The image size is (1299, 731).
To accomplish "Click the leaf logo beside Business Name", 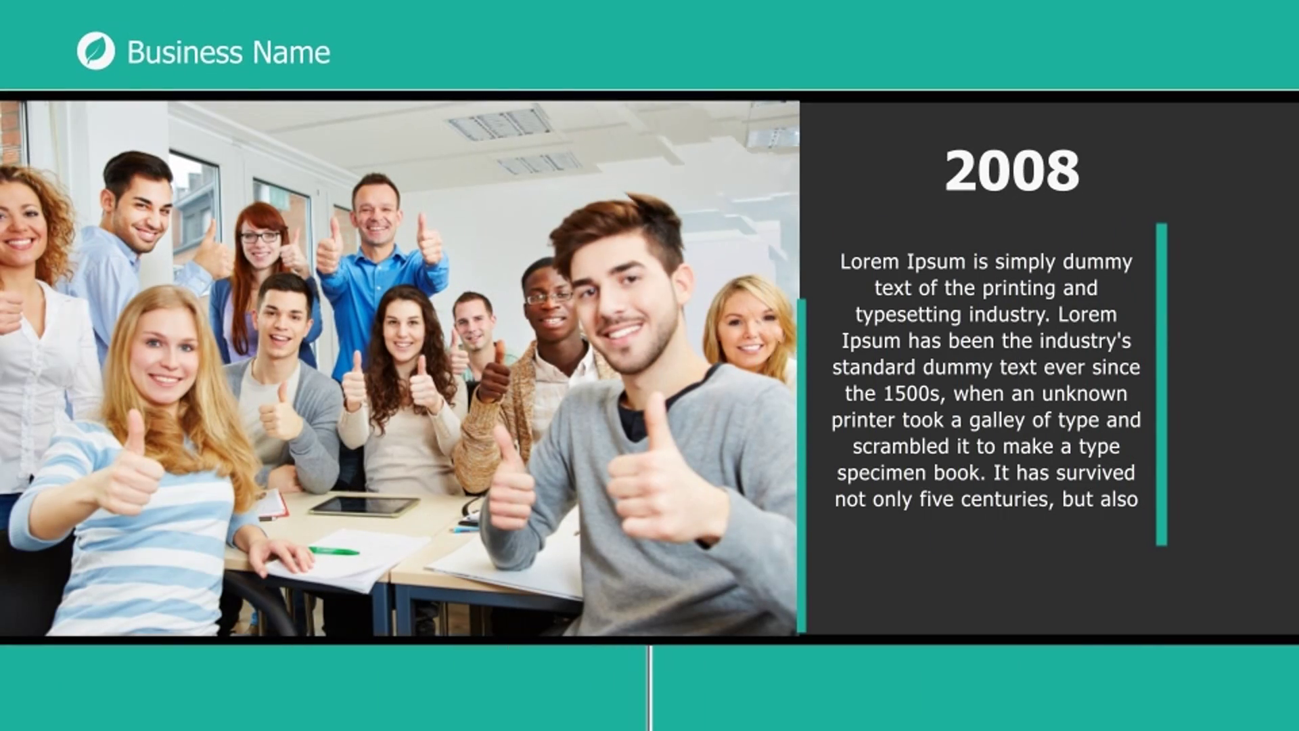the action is click(x=96, y=51).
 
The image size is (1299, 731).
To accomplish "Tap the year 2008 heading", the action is click(x=1011, y=171).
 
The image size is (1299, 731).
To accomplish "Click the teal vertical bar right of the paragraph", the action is click(x=1162, y=384).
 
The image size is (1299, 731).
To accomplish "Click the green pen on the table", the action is click(x=334, y=550).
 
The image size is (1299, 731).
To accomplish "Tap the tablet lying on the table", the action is click(x=364, y=506).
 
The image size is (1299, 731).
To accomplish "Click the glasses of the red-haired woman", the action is click(x=260, y=237).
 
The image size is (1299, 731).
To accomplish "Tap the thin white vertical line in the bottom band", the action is click(x=649, y=688).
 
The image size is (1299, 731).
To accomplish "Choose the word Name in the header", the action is click(x=292, y=52).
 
